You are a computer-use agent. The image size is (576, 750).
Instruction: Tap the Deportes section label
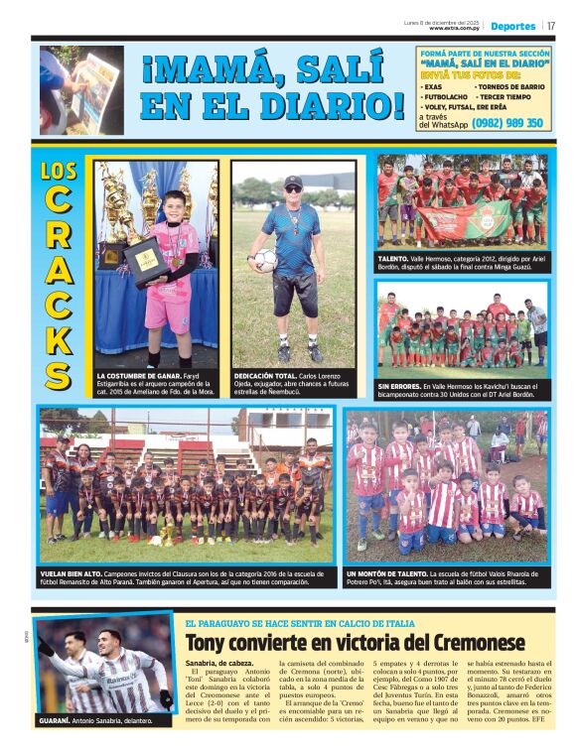coord(512,26)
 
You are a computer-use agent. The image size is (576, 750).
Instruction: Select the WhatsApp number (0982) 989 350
coord(507,123)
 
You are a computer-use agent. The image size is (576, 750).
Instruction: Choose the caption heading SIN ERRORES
coord(398,386)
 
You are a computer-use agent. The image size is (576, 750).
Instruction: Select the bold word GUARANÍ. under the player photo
coord(66,720)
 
